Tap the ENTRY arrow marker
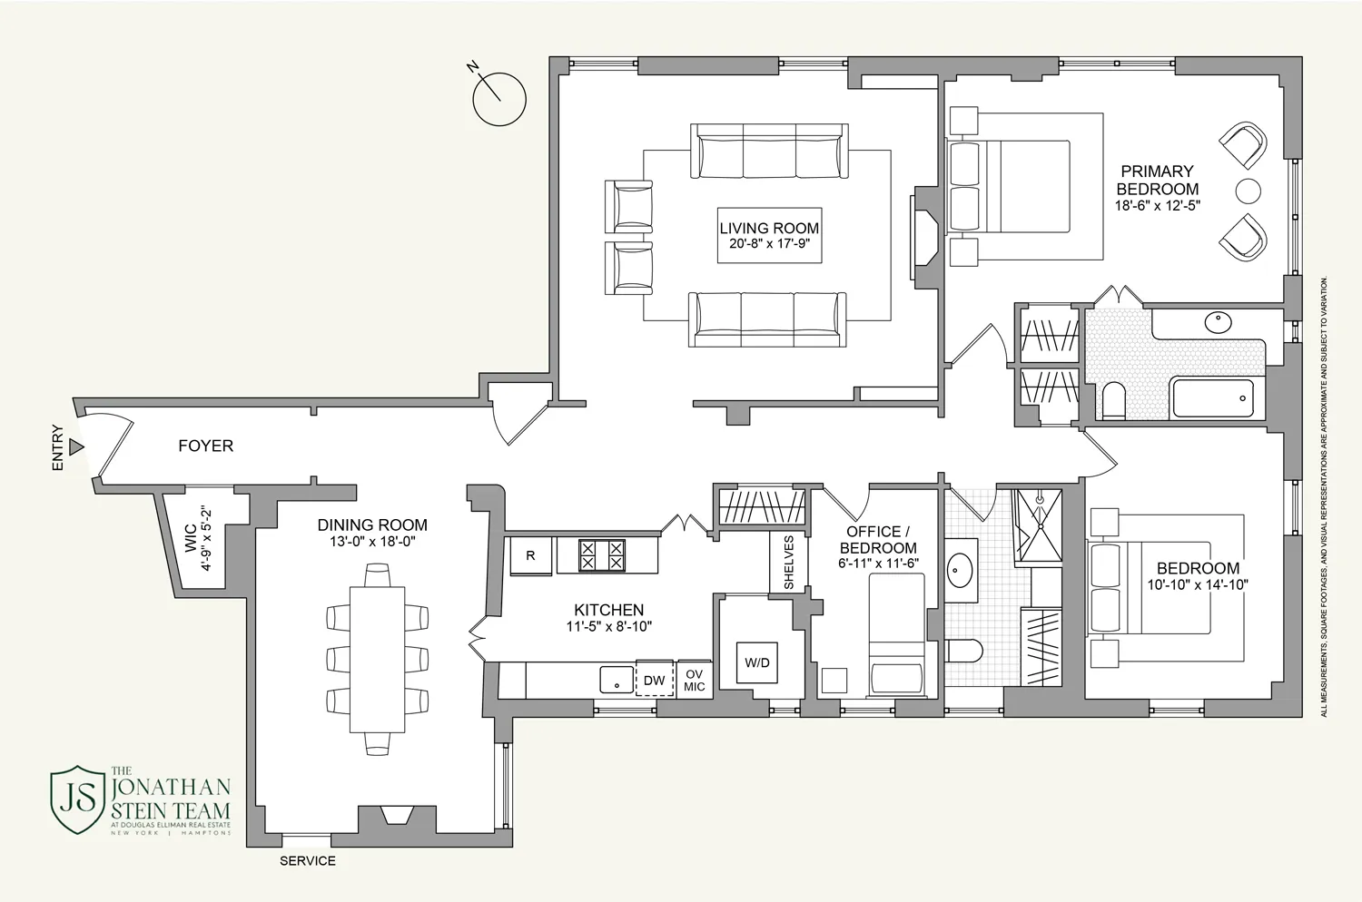[x=76, y=447]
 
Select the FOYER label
[x=205, y=446]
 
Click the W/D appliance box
[x=757, y=662]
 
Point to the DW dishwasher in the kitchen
[x=654, y=680]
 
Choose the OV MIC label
[x=694, y=680]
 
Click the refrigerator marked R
[x=530, y=556]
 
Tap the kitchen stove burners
[x=602, y=555]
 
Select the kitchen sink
[x=617, y=679]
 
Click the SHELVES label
[x=788, y=563]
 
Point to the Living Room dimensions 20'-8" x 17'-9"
[x=769, y=243]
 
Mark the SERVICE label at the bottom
[x=307, y=860]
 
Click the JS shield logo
[x=77, y=799]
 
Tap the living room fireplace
[x=923, y=237]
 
